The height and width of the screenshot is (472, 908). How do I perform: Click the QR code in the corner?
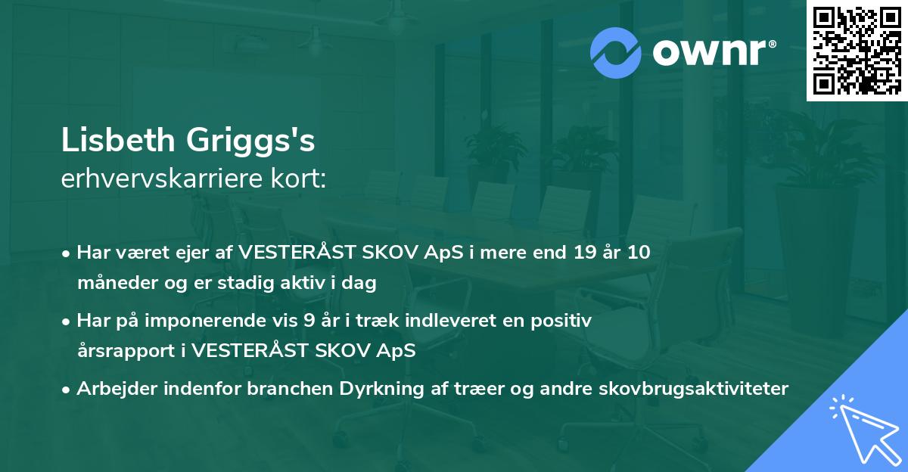coord(857,51)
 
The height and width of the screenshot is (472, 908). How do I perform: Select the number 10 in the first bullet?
coord(638,252)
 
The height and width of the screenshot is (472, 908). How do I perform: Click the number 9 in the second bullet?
coord(308,320)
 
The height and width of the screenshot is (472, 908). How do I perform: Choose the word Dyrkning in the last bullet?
coord(383,388)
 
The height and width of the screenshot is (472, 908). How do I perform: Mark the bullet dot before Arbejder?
coord(67,389)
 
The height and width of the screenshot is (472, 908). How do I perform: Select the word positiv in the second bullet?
coord(565,320)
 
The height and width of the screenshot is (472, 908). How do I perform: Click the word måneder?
coord(110,282)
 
